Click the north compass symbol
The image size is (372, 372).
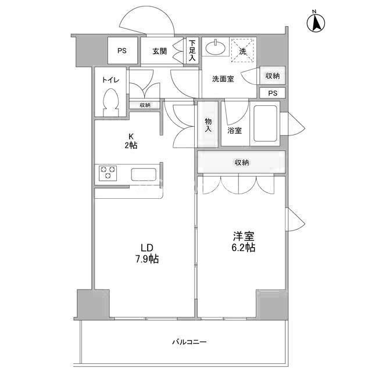point(316,23)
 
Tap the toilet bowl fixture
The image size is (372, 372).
point(110,102)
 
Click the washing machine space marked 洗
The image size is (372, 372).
point(242,51)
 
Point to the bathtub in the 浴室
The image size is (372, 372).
point(265,123)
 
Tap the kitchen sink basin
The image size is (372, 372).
point(144,174)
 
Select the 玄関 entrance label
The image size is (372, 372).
point(159,51)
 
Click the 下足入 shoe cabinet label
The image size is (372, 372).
point(192,51)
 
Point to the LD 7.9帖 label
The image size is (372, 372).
point(147,253)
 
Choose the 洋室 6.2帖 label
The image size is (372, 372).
point(244,242)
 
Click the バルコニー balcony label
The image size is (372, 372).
point(189,342)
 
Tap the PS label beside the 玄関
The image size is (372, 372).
point(122,51)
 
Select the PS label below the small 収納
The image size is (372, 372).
point(273,93)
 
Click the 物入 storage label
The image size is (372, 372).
point(208,125)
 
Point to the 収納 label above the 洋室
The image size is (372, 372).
point(242,163)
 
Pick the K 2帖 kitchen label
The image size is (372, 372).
point(131,141)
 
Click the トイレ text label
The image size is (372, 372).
point(110,80)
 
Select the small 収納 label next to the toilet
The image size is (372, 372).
point(145,105)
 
